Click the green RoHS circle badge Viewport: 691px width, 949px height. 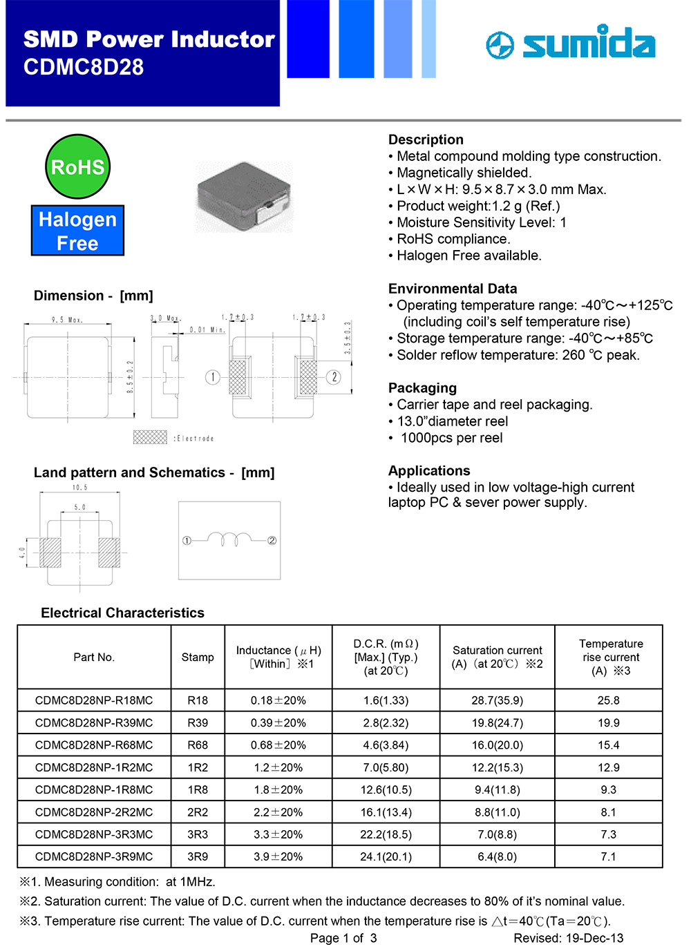coord(77,166)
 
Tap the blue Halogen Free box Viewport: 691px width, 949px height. coord(77,231)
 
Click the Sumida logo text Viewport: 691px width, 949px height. coord(587,44)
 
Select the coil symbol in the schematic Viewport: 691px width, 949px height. coord(229,539)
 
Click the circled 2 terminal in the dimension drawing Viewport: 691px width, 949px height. coord(334,377)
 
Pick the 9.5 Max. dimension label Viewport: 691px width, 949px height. coord(66,320)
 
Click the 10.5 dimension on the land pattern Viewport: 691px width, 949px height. coord(80,488)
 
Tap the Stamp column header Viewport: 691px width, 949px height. coord(198,657)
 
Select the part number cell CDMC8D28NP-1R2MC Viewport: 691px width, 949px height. coord(94,767)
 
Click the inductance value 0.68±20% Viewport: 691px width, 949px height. coord(278,745)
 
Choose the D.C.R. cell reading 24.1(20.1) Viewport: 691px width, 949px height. coord(386,856)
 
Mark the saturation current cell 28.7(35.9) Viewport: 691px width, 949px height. coord(497,700)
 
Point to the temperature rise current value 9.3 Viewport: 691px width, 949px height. coord(608,789)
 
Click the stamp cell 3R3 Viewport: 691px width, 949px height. coord(198,834)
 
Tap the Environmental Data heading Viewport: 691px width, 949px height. coord(453,289)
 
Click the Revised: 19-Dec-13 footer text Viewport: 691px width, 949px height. coord(568,938)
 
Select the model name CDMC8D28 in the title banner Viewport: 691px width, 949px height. coord(84,67)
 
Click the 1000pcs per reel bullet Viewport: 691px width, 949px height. coord(451,438)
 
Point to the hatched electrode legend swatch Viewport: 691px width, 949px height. coord(150,437)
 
